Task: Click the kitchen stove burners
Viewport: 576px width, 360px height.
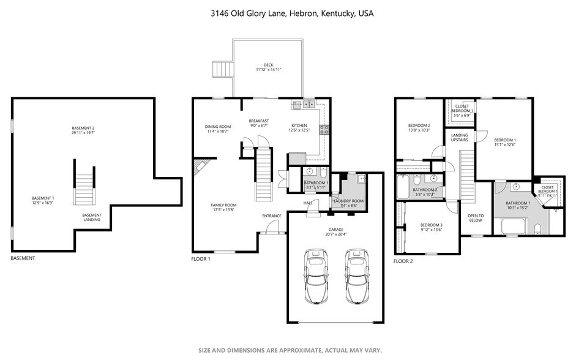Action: coord(324,129)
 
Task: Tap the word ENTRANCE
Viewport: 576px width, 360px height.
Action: coord(271,216)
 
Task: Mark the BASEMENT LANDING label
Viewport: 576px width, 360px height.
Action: coord(92,217)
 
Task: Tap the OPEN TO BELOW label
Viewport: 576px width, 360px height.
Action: coord(476,218)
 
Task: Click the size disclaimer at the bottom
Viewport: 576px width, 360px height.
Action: coord(290,350)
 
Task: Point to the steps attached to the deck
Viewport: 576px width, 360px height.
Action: coord(222,69)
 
